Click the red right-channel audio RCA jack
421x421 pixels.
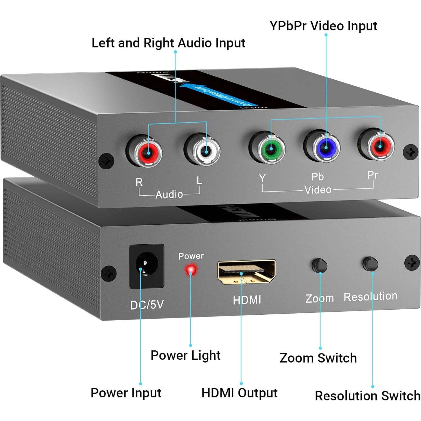pyautogui.click(x=148, y=152)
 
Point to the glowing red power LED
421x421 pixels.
pyautogui.click(x=191, y=269)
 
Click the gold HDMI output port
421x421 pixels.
pyautogui.click(x=246, y=271)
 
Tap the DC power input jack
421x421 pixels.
pyautogui.click(x=147, y=266)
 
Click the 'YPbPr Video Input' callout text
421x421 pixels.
pyautogui.click(x=323, y=26)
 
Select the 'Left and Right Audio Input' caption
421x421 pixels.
pyautogui.click(x=168, y=43)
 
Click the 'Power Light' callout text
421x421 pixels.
pyautogui.click(x=185, y=355)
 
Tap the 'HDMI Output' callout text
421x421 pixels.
pyautogui.click(x=239, y=393)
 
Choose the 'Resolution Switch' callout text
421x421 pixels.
pyautogui.click(x=367, y=396)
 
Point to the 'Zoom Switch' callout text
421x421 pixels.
pyautogui.click(x=318, y=358)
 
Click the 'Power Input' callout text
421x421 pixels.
pyautogui.click(x=126, y=393)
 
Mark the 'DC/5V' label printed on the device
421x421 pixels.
pyautogui.click(x=147, y=305)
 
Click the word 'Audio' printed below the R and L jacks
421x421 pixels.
pyautogui.click(x=169, y=194)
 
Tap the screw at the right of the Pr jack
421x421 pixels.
pyautogui.click(x=410, y=152)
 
